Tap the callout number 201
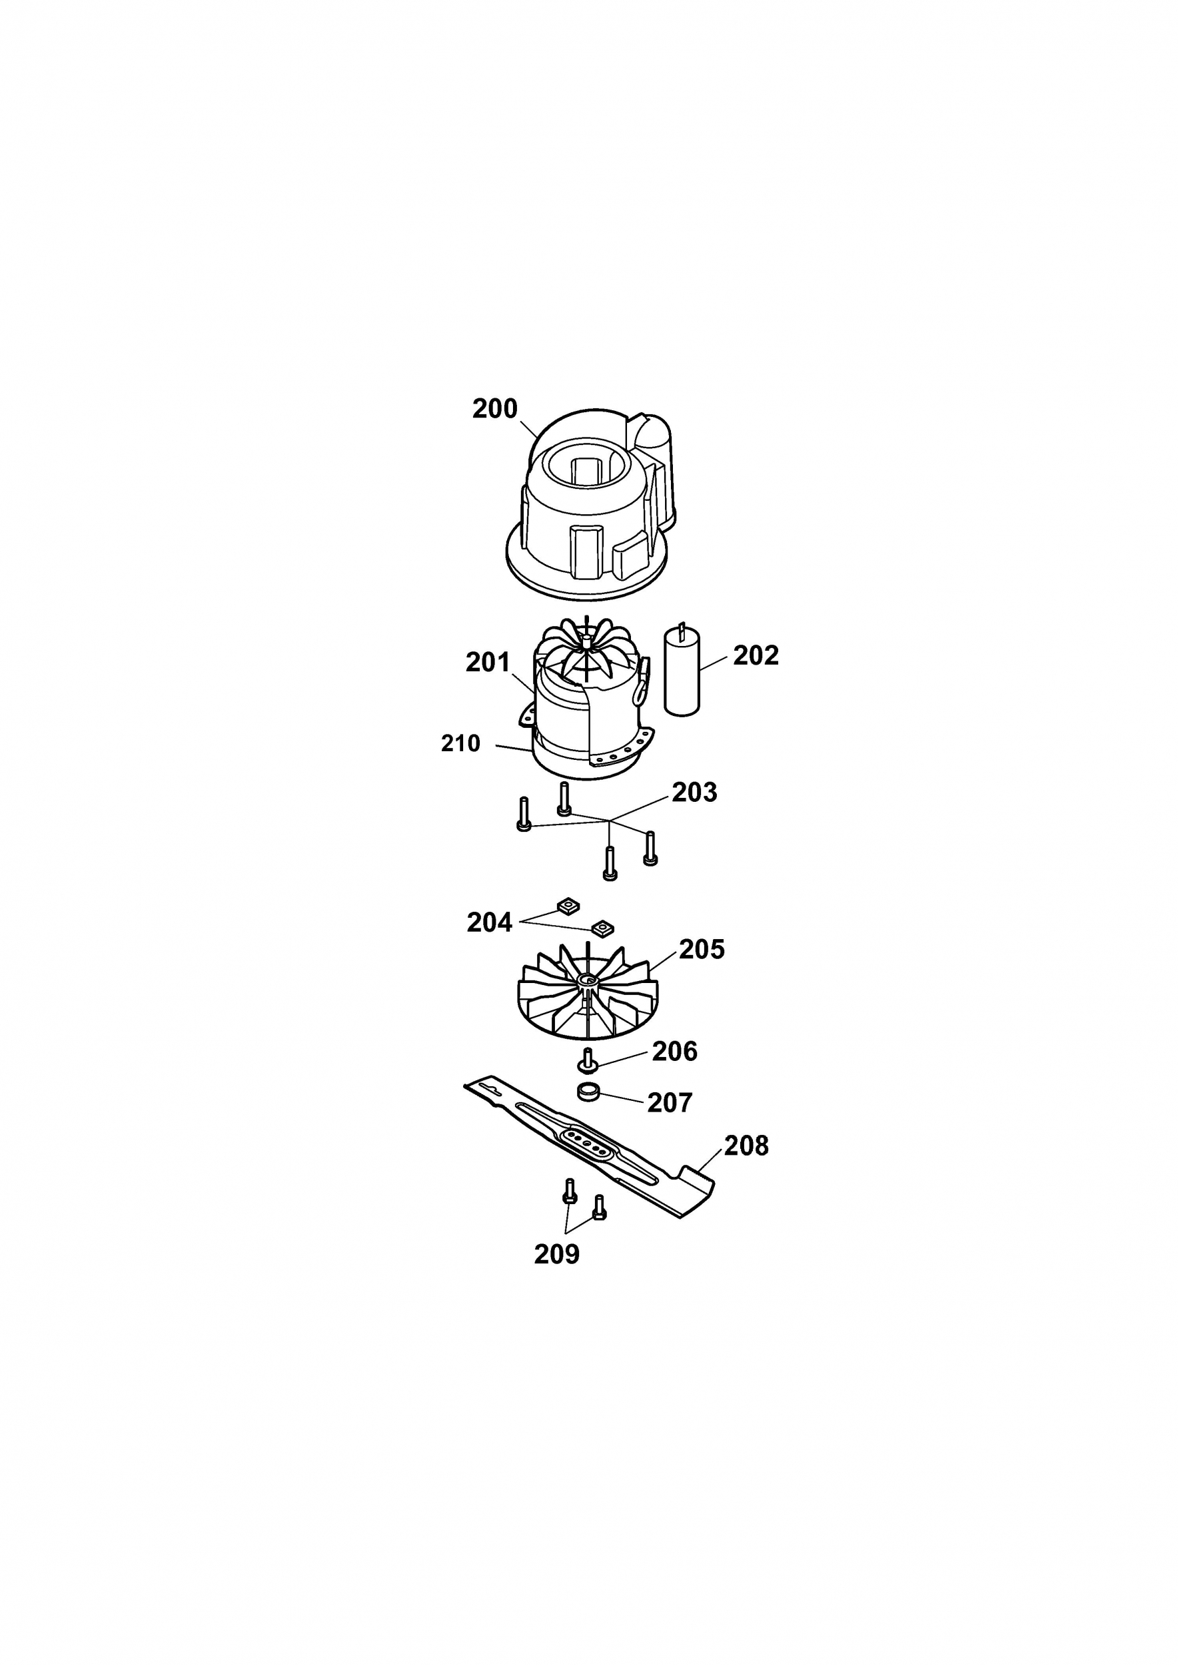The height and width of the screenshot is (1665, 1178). point(488,662)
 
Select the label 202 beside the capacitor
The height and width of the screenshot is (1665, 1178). point(756,655)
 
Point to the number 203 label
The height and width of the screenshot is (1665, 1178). point(694,793)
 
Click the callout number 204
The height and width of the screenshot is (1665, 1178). point(490,922)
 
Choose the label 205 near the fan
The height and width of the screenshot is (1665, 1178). point(702,949)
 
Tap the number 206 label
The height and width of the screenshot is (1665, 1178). point(674,1052)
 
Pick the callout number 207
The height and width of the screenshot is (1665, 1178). point(670,1103)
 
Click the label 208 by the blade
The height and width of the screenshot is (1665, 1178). point(746,1146)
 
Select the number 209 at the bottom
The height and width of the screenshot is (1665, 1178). point(557,1255)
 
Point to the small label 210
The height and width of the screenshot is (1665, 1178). point(460,743)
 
